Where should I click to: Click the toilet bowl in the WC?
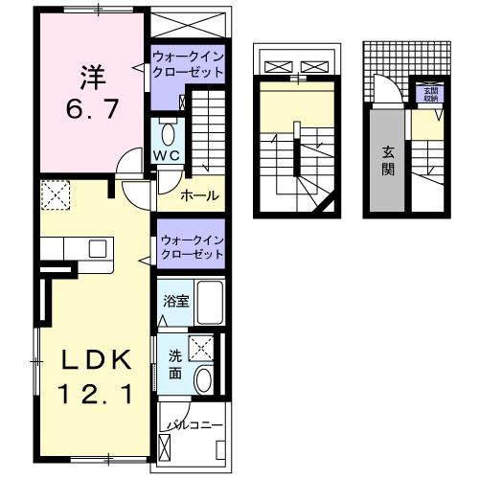(x=168, y=132)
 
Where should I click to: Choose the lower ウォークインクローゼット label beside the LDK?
(x=191, y=248)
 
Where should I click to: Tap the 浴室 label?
(x=175, y=301)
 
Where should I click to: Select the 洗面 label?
(x=175, y=364)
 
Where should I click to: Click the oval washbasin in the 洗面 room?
(x=202, y=380)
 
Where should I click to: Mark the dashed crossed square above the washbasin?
(x=202, y=349)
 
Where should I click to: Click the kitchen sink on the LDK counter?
(x=99, y=248)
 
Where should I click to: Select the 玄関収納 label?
(x=428, y=95)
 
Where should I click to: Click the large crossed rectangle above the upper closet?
(x=188, y=23)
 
